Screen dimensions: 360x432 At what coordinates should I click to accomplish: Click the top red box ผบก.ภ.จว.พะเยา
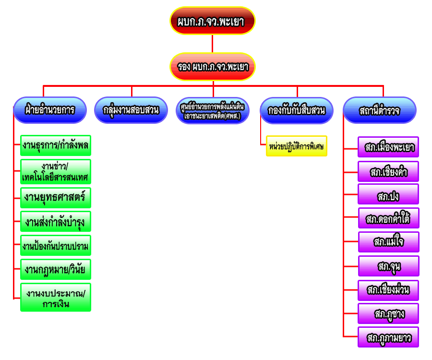pos(213,21)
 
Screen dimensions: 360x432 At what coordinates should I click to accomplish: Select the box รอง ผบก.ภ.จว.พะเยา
pos(213,67)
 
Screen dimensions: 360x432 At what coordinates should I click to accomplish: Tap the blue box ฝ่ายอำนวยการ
pos(50,110)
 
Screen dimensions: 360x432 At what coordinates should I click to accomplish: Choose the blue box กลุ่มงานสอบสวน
pos(131,110)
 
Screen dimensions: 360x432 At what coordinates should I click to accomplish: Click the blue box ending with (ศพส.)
pos(212,110)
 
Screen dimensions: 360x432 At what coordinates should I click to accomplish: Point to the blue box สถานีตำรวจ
pos(380,110)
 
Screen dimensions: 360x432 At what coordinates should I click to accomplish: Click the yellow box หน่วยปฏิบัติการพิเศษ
pos(297,146)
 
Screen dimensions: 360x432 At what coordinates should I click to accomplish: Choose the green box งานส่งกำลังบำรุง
pos(56,221)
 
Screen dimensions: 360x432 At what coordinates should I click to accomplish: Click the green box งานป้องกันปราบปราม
pos(56,246)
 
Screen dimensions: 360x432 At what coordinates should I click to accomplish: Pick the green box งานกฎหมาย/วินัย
pos(56,269)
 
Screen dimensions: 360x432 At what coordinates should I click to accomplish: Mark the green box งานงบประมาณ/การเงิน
pos(56,298)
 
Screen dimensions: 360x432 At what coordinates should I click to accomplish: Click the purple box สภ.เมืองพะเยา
pos(388,147)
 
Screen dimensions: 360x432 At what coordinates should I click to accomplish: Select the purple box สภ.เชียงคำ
pos(388,171)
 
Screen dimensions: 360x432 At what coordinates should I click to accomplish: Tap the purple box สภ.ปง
pos(388,194)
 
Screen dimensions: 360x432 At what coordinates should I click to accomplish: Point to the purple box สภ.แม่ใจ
pos(388,242)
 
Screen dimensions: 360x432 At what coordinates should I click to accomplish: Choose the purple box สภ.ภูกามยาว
pos(388,337)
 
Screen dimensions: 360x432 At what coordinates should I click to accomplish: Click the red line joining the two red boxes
pos(212,44)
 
